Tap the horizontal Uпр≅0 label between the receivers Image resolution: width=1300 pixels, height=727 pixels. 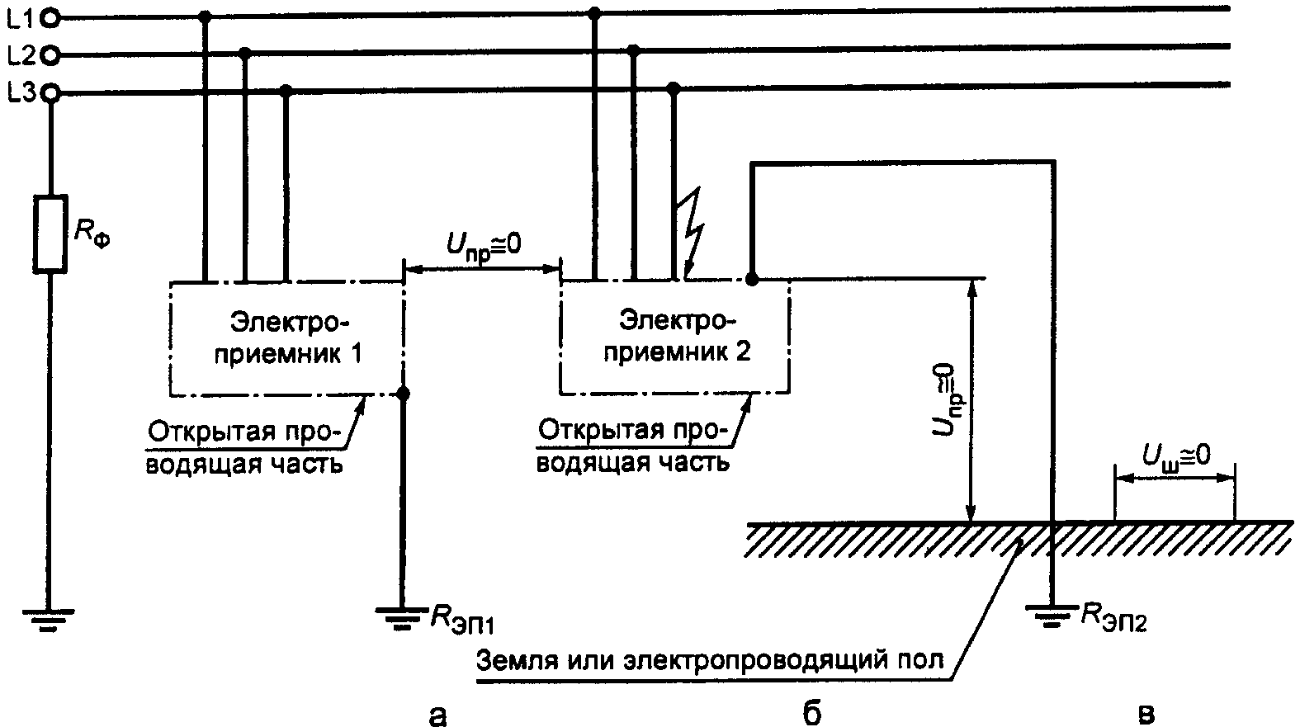[x=483, y=248]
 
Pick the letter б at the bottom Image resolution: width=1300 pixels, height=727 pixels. [x=811, y=711]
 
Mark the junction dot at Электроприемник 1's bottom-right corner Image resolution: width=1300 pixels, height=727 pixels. [x=403, y=394]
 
